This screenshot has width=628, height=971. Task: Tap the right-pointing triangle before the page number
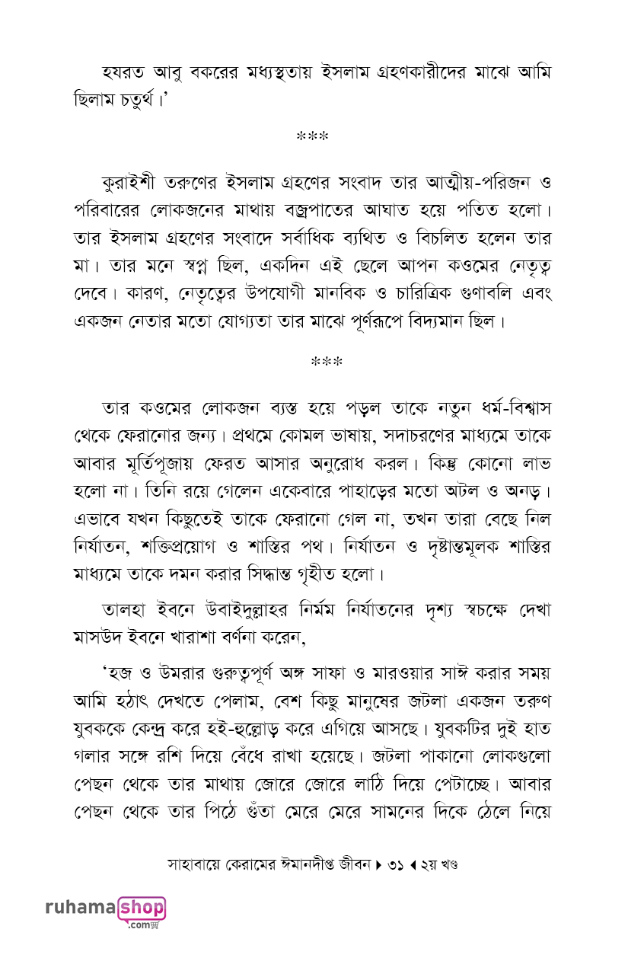point(378,866)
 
